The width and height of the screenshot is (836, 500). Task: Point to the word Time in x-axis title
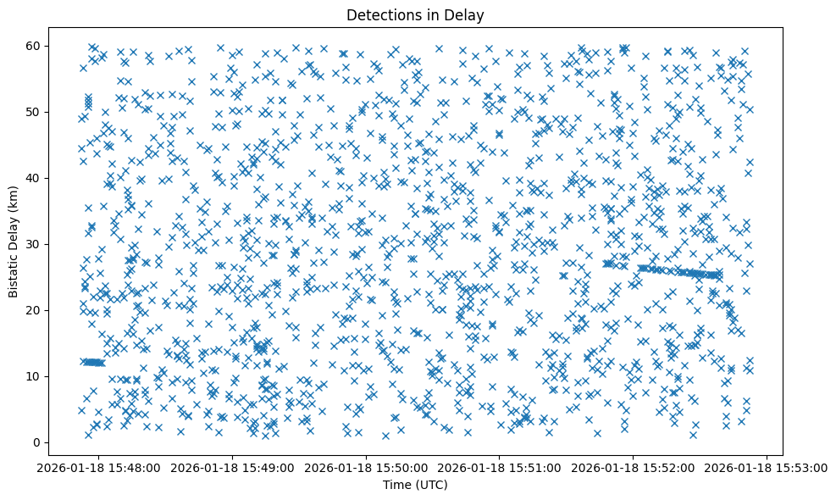pos(396,486)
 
